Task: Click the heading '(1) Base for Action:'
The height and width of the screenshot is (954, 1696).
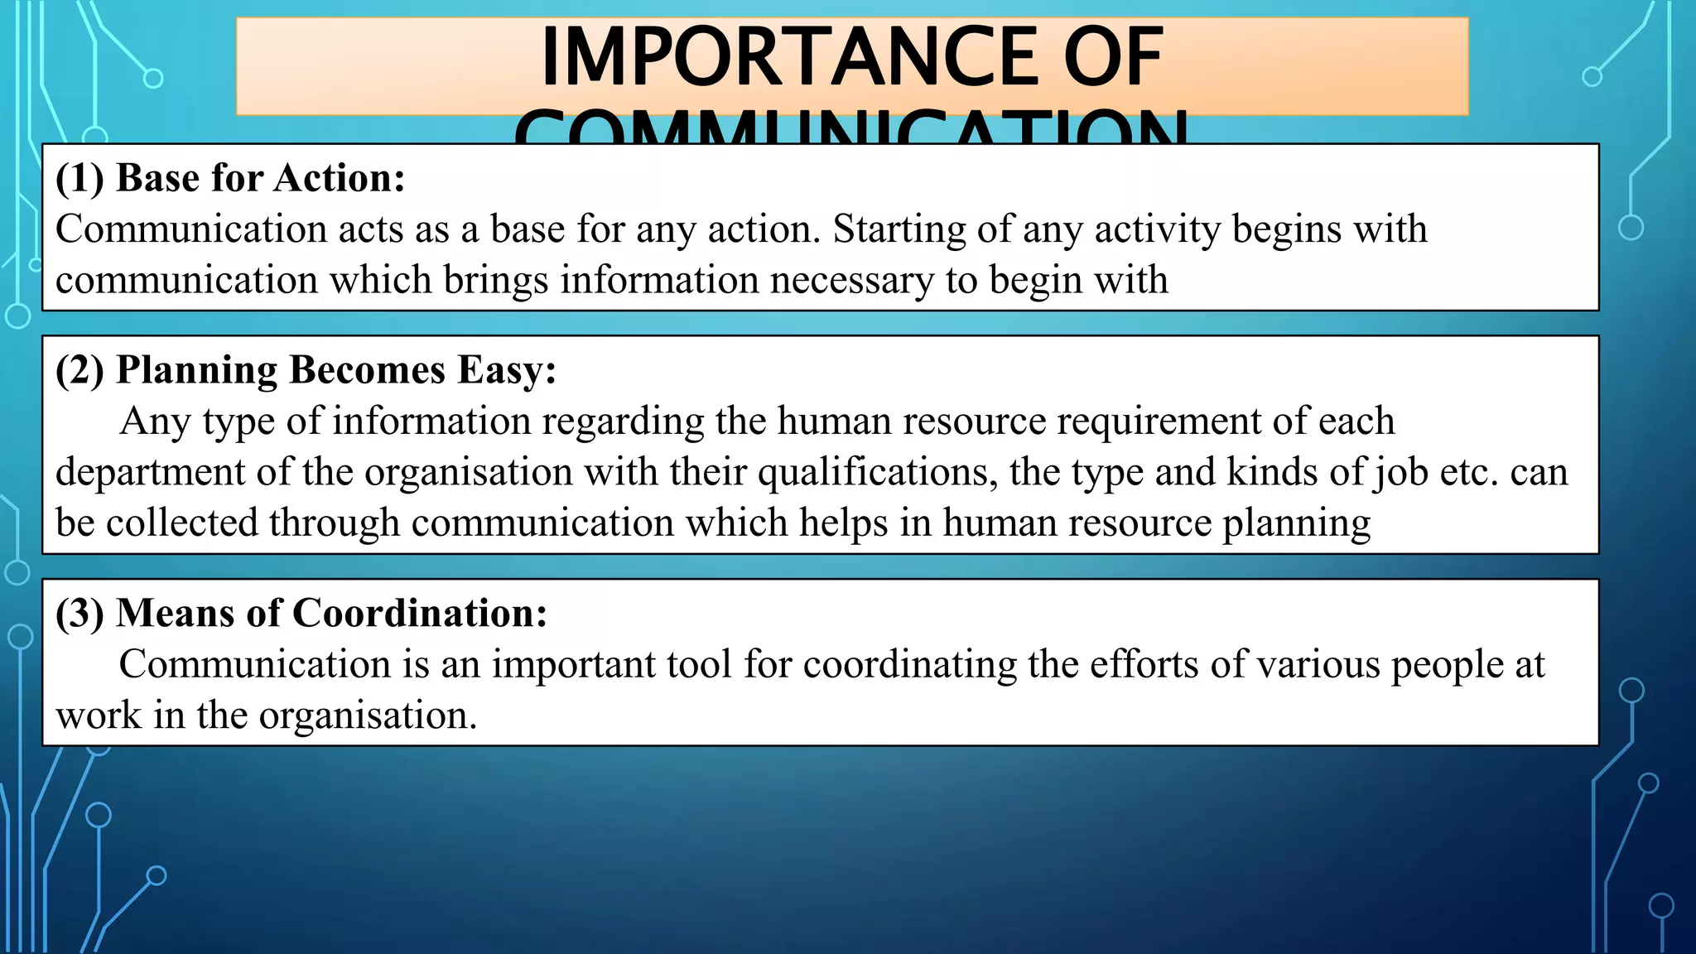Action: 230,178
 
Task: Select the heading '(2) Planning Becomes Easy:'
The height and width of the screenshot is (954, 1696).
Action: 306,369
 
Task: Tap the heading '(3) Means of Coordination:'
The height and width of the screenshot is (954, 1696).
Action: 301,613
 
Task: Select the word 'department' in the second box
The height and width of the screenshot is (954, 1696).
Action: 149,473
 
